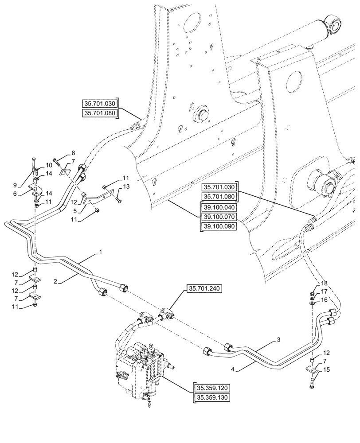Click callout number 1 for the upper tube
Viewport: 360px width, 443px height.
click(x=101, y=252)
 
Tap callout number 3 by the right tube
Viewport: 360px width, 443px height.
click(x=278, y=339)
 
